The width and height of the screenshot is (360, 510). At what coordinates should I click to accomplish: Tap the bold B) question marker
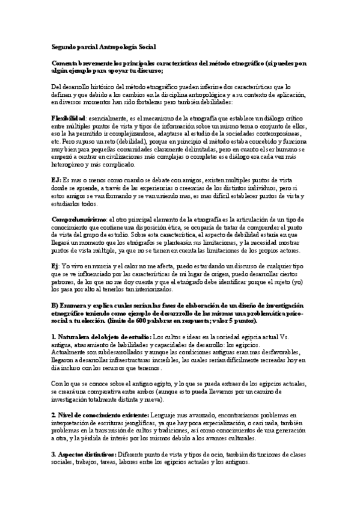pos(55,306)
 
